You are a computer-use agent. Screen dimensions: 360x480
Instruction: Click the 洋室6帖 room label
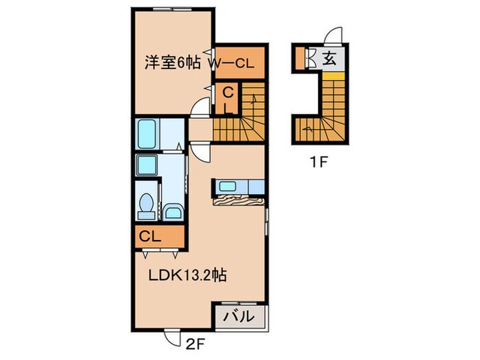click(x=172, y=62)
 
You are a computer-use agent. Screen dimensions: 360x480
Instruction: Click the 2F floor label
click(x=194, y=341)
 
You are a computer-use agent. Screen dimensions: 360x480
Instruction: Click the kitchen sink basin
click(x=227, y=186)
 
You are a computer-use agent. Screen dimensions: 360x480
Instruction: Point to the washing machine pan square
click(x=146, y=165)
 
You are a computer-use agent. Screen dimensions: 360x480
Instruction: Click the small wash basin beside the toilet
click(x=173, y=211)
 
